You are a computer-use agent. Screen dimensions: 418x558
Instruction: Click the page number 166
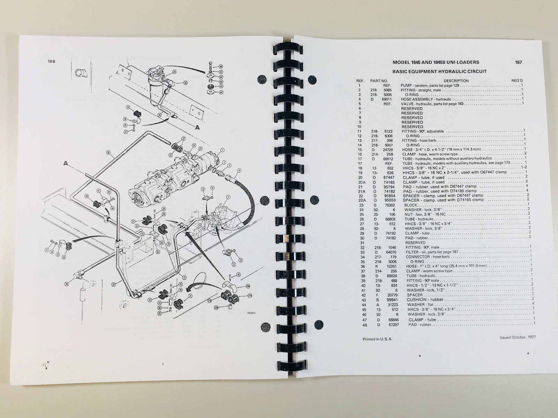coord(52,62)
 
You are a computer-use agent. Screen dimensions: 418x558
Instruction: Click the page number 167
coord(518,63)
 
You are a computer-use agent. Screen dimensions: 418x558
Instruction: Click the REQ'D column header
coord(517,81)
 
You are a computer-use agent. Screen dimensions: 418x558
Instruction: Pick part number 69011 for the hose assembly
coord(385,99)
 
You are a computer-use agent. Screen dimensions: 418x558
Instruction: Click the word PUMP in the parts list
coord(407,86)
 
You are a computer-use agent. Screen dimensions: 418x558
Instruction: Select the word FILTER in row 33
coord(412,252)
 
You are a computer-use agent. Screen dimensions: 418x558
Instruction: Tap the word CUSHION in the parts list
coord(416,300)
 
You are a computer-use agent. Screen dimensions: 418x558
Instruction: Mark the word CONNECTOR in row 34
coord(416,257)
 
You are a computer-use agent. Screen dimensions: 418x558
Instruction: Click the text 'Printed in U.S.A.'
coord(378,339)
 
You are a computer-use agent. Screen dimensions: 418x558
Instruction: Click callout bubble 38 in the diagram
coord(108,152)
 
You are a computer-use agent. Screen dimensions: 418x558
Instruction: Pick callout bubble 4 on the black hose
coord(239,171)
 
